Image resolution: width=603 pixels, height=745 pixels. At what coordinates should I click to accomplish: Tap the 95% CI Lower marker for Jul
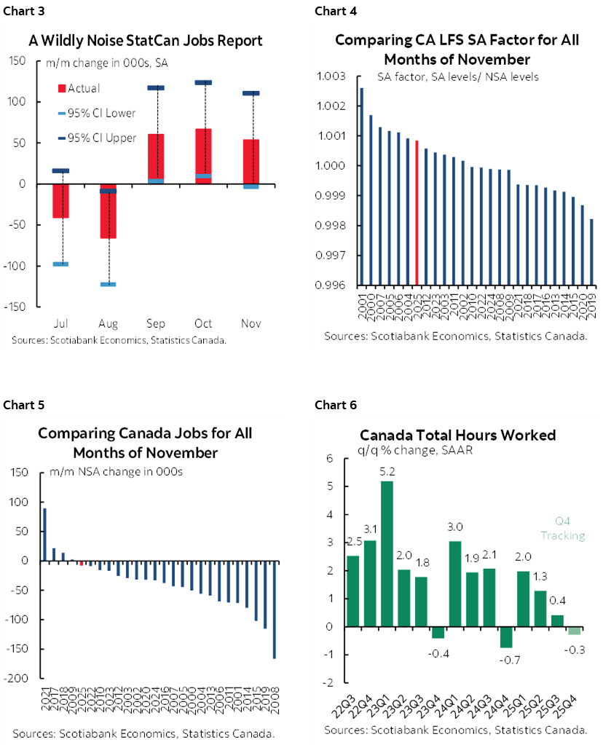coord(61,264)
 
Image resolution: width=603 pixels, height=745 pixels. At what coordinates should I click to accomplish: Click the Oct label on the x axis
coord(204,323)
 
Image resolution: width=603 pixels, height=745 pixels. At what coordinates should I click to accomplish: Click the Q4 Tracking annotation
coord(563,529)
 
